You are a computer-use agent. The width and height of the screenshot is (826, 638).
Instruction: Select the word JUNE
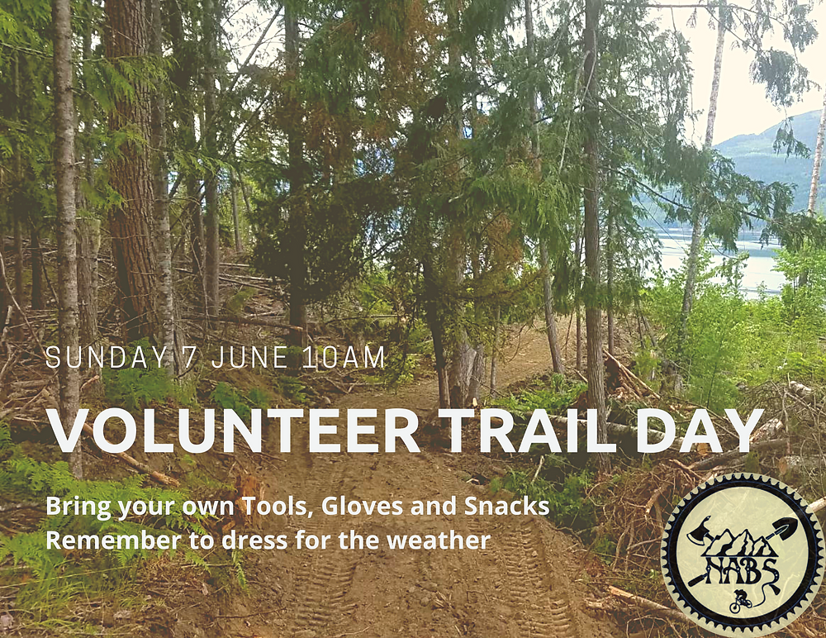point(249,357)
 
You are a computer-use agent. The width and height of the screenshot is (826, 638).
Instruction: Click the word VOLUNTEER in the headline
point(234,431)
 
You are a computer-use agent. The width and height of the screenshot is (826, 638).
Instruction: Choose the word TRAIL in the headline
point(529,431)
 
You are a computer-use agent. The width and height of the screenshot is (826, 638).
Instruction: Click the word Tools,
point(277,507)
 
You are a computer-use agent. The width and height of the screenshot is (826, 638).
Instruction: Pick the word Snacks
point(507,506)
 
